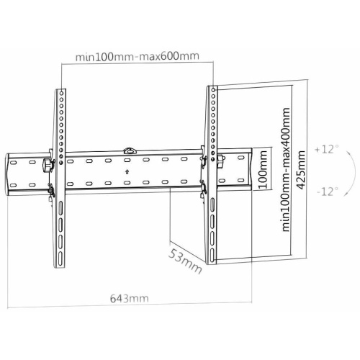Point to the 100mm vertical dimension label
tap(264, 171)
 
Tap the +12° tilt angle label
tap(326, 150)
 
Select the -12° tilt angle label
tap(326, 192)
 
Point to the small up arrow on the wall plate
tap(127, 172)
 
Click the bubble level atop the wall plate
tap(129, 150)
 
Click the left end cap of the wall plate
tap(12, 171)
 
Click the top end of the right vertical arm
tap(212, 88)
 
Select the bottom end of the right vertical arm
tap(212, 261)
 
